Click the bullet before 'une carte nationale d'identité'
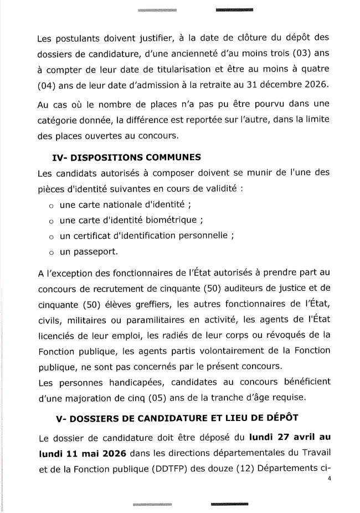point(50,204)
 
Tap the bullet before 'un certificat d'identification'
point(50,236)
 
